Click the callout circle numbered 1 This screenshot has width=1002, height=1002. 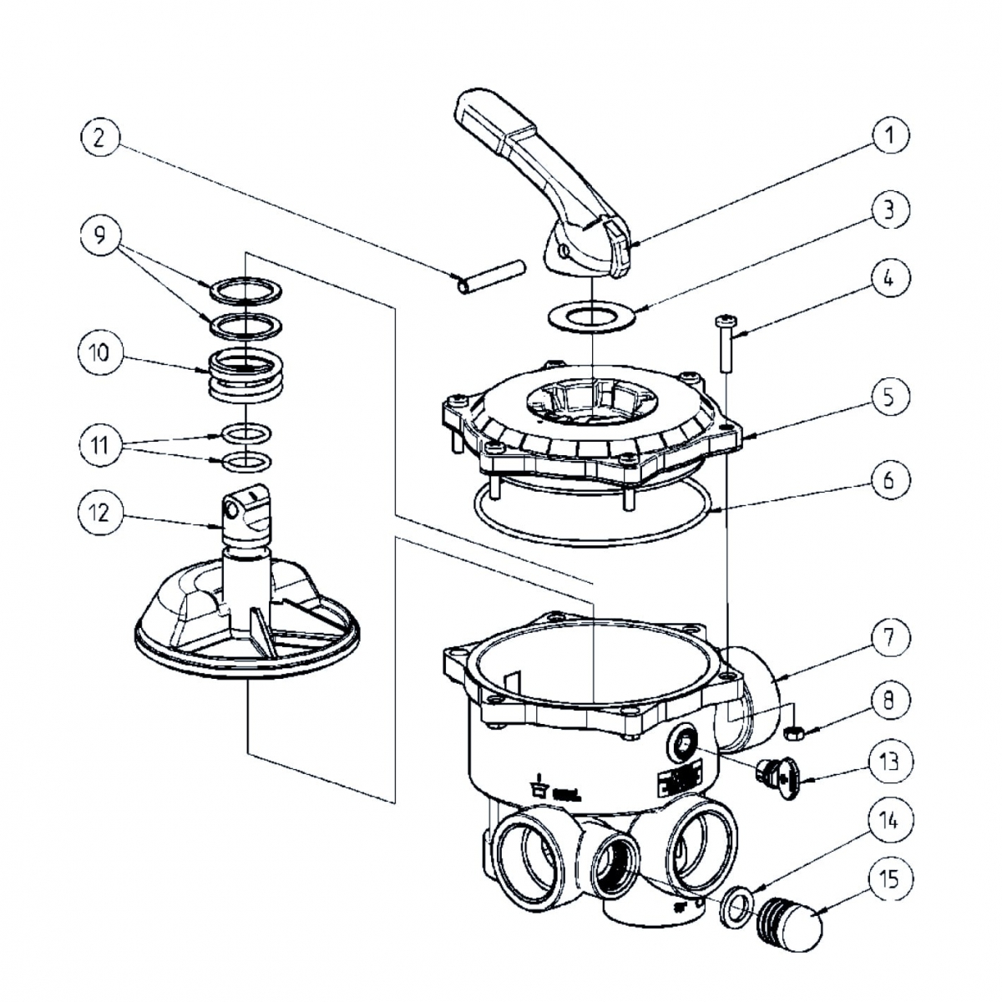pyautogui.click(x=890, y=134)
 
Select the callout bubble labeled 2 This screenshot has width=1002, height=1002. pyautogui.click(x=99, y=138)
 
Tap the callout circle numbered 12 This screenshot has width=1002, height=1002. pyautogui.click(x=99, y=511)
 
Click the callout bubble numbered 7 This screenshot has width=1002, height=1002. pyautogui.click(x=888, y=638)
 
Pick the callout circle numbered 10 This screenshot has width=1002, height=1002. pyautogui.click(x=99, y=352)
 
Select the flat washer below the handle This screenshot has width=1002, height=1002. pyautogui.click(x=590, y=318)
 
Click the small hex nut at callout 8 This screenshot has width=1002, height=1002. pyautogui.click(x=795, y=733)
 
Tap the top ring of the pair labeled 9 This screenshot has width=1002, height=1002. pyautogui.click(x=246, y=290)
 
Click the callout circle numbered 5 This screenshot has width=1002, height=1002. pyautogui.click(x=888, y=397)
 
